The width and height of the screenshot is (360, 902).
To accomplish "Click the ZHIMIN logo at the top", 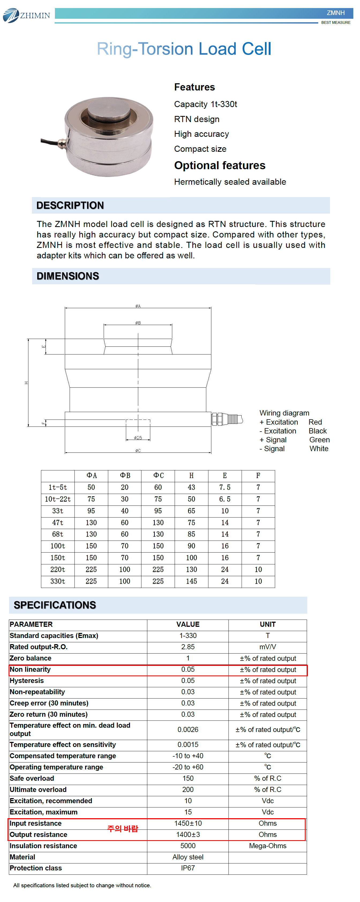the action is (x=27, y=16).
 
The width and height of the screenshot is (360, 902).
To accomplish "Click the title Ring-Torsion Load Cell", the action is (x=184, y=49).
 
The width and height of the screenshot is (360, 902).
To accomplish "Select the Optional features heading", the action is (x=220, y=165).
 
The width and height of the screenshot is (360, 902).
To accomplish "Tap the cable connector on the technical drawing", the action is (x=227, y=419).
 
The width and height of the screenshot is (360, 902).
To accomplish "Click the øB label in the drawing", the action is (x=138, y=323).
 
